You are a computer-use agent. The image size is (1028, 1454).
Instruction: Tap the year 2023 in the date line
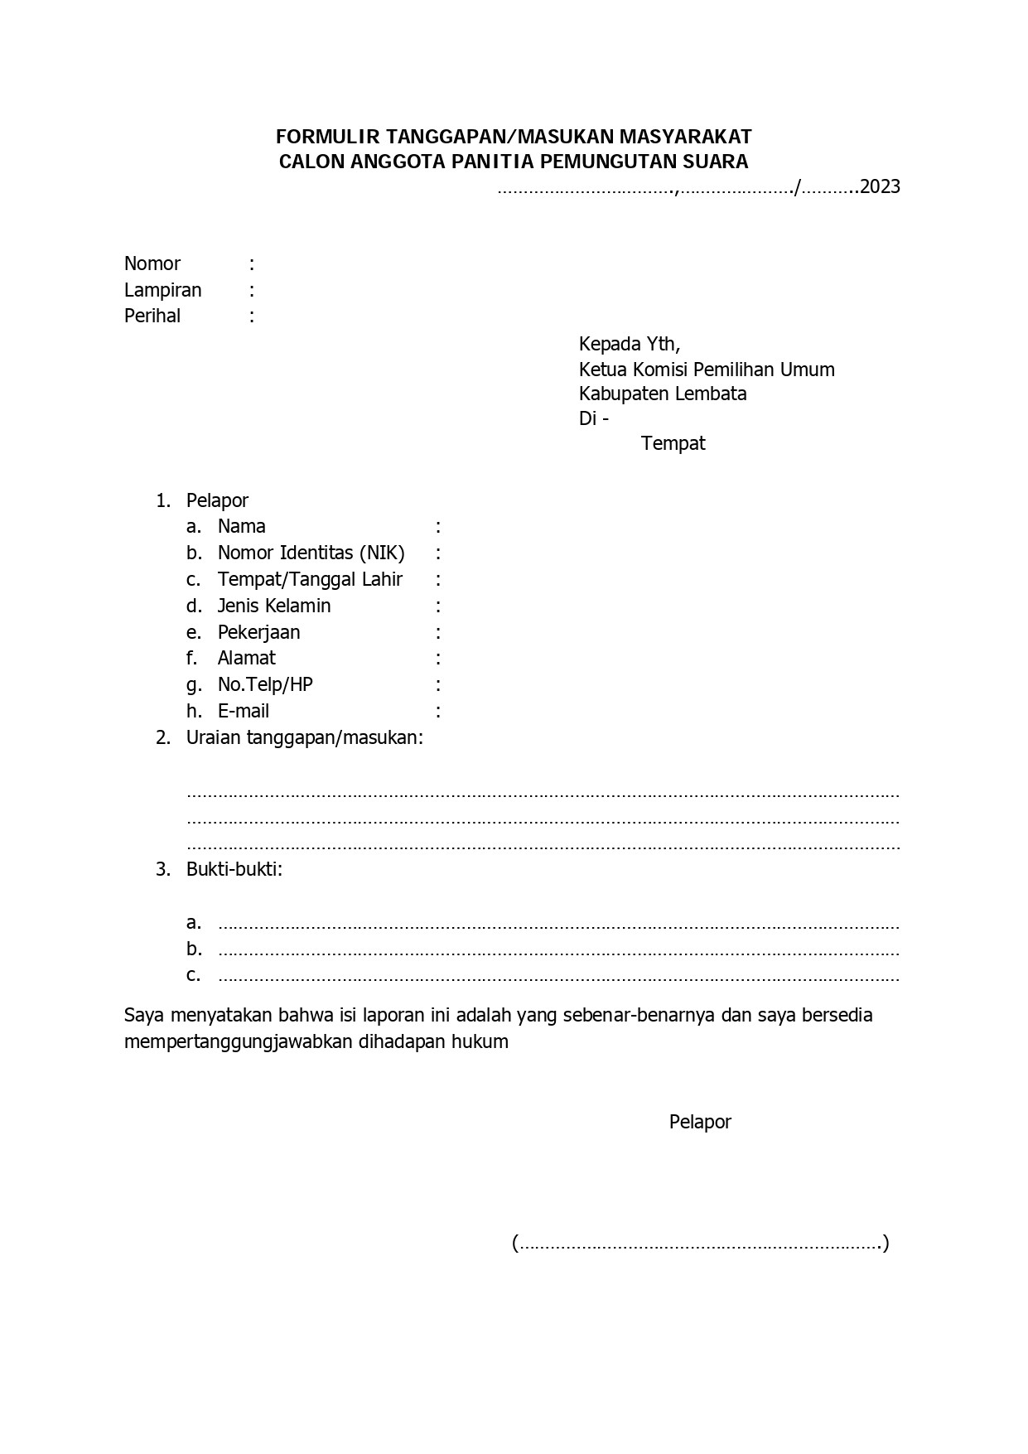click(881, 187)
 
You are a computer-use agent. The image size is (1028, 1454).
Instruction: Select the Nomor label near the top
click(152, 264)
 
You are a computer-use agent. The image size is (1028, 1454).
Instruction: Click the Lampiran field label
click(163, 291)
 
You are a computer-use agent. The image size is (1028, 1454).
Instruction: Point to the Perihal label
click(152, 316)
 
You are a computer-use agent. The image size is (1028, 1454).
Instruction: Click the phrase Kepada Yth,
click(630, 344)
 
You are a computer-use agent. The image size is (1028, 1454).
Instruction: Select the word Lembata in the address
click(711, 394)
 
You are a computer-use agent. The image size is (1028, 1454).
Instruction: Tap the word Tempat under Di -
click(673, 443)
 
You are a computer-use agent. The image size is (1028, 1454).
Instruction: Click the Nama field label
click(242, 527)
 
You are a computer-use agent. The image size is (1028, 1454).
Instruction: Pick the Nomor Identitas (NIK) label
click(311, 553)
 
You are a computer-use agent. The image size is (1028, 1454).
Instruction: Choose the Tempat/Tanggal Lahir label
click(310, 580)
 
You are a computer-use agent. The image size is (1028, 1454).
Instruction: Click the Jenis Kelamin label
click(274, 606)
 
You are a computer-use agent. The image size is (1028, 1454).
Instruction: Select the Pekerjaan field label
click(258, 633)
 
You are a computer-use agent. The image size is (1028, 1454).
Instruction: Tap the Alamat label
click(246, 659)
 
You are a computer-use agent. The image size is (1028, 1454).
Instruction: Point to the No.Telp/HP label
click(265, 685)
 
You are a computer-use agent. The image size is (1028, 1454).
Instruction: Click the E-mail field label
click(244, 712)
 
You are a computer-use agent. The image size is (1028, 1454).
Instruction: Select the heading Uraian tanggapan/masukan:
click(305, 738)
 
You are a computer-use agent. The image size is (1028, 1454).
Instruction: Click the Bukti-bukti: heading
click(234, 870)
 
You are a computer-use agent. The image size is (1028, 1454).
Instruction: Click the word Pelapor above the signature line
click(700, 1123)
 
